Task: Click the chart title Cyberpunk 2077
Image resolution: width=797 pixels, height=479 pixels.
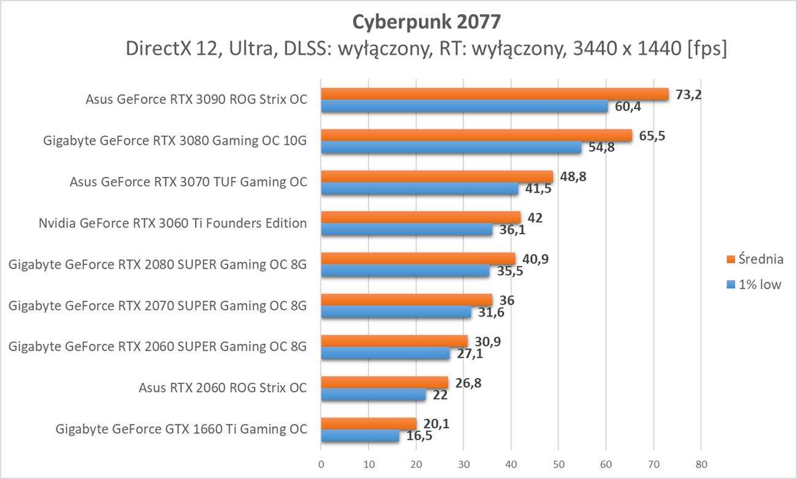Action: tap(426, 22)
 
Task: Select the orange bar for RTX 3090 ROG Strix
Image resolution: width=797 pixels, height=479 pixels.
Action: tap(494, 94)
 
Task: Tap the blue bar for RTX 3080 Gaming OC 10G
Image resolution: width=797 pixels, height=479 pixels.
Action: tap(451, 148)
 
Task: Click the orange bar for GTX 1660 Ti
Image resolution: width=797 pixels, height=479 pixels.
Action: tap(368, 424)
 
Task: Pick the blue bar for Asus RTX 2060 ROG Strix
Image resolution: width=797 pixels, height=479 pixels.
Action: tap(373, 396)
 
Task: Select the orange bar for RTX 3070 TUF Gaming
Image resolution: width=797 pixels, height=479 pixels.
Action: tap(437, 177)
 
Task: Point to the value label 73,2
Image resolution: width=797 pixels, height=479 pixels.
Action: tap(687, 94)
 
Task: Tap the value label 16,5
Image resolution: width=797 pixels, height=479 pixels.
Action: tap(418, 437)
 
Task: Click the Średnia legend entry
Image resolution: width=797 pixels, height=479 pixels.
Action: tap(755, 259)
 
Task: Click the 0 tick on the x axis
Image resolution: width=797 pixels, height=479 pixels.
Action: tap(321, 463)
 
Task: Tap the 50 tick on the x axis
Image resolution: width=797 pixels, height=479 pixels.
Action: tap(559, 463)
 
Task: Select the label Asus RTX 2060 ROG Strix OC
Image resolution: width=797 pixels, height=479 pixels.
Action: tap(223, 388)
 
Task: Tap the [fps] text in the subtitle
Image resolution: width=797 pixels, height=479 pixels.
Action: tap(707, 49)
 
